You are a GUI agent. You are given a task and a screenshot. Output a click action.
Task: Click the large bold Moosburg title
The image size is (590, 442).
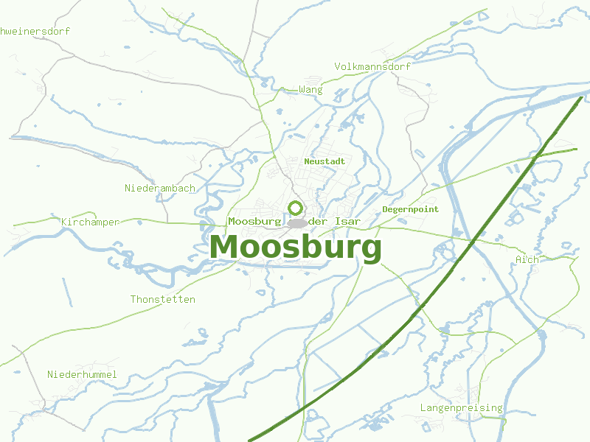[x=296, y=248]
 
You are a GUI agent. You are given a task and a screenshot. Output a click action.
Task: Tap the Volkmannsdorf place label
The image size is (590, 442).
[x=372, y=66]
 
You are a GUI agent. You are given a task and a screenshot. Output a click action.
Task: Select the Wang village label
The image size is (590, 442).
[x=310, y=90]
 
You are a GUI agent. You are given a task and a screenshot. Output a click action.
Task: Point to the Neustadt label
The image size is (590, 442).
[x=324, y=161]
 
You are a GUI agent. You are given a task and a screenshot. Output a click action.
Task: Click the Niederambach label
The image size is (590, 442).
[x=160, y=188]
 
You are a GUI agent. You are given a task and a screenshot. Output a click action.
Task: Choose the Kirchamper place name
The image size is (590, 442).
[x=90, y=222]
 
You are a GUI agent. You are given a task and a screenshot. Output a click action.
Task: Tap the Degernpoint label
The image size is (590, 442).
[x=410, y=209]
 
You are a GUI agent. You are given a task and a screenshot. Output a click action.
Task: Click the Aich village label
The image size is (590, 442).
[x=527, y=259]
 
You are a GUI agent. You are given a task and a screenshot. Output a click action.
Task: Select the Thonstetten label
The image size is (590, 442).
[x=162, y=299]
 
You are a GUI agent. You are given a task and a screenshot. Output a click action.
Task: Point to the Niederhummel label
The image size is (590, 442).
[x=82, y=374]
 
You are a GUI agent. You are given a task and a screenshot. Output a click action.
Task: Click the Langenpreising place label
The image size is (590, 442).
[x=461, y=407]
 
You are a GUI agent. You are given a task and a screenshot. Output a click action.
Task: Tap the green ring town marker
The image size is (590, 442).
[x=296, y=208]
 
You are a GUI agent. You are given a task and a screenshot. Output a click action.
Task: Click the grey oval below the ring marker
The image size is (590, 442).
[x=297, y=223]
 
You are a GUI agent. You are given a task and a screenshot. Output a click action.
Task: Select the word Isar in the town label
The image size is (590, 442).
[x=347, y=221]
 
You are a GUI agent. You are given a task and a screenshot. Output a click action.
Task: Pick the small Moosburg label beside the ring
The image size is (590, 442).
[x=254, y=221]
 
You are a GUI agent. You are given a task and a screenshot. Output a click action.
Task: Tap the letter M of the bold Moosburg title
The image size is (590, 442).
[x=224, y=248]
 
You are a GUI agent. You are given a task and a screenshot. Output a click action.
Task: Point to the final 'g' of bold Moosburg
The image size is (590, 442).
[x=370, y=250]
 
